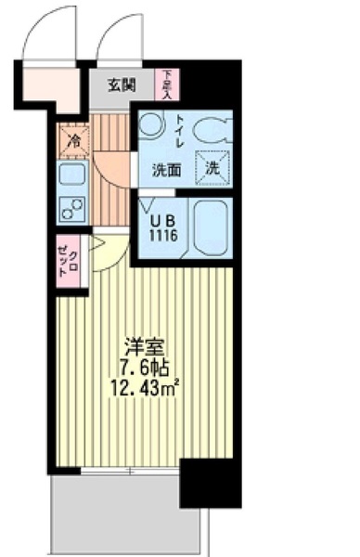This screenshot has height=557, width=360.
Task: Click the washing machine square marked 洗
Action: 212,169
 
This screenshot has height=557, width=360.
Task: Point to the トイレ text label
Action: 180,132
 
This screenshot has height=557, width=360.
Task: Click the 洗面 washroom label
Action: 167,170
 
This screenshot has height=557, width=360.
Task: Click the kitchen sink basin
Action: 71,174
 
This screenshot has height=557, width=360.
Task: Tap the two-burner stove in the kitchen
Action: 71,208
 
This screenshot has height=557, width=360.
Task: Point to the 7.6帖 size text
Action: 145,365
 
